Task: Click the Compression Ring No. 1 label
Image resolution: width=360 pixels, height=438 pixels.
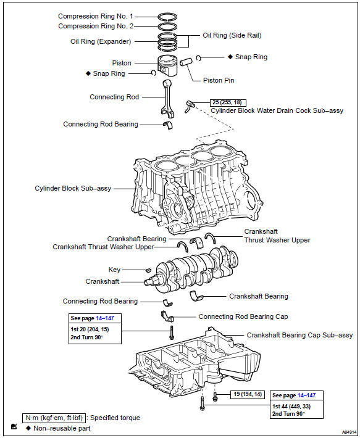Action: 96,16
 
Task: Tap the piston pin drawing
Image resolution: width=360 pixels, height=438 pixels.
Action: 186,62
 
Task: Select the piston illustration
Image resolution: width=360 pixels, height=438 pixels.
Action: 167,65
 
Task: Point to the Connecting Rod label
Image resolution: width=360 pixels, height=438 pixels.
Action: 114,97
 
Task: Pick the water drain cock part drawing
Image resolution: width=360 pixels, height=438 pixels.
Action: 190,107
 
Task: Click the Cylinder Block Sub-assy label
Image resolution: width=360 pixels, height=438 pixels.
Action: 73,188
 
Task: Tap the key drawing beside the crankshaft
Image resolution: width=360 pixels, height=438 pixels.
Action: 149,270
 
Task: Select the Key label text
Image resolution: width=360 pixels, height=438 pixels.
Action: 114,270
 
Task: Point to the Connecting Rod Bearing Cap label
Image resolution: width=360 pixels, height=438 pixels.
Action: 243,316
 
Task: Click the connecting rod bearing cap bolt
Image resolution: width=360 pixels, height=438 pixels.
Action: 172,333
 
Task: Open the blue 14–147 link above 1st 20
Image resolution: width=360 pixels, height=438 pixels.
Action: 105,318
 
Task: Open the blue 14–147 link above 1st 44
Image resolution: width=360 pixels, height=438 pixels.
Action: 307,395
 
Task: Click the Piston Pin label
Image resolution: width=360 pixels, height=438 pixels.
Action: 219,80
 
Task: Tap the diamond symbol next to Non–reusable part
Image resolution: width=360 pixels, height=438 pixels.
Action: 28,428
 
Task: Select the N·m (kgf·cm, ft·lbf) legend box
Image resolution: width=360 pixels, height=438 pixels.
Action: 54,418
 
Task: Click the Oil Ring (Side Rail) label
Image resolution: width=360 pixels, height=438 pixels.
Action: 232,36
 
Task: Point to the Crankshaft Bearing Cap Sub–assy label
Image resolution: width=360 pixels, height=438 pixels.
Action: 299,335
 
